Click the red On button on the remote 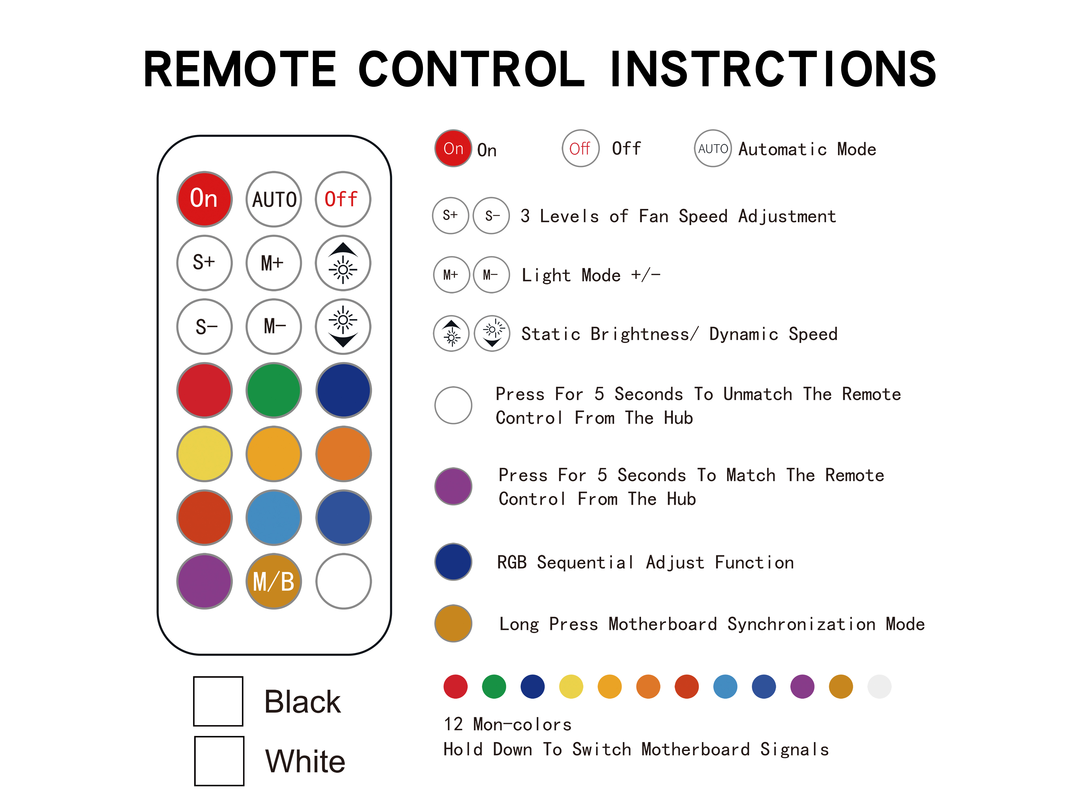(x=204, y=199)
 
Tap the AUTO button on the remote (x=274, y=199)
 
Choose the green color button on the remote (x=274, y=390)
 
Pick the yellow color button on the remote (x=204, y=454)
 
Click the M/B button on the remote (x=274, y=581)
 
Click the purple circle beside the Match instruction (x=453, y=486)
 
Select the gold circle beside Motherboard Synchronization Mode (x=453, y=623)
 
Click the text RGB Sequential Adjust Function (x=645, y=563)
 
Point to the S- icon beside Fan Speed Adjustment (x=492, y=215)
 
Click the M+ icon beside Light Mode (x=452, y=275)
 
